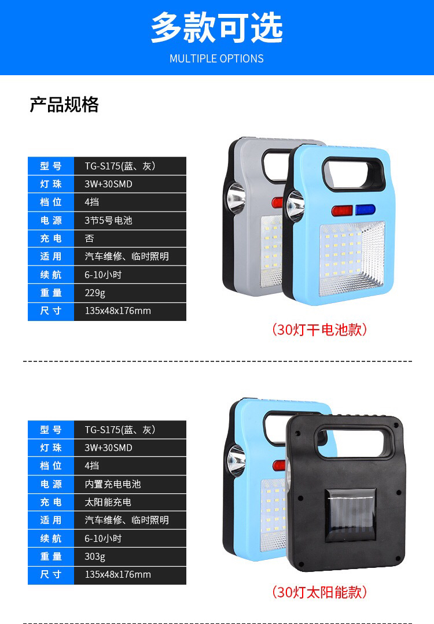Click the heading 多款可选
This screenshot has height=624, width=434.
[x=216, y=27]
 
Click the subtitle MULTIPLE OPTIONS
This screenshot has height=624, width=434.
[x=216, y=58]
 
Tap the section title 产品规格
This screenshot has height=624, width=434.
[x=64, y=105]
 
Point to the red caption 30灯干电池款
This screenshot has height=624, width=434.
[x=319, y=330]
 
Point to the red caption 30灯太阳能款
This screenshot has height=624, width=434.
[x=319, y=592]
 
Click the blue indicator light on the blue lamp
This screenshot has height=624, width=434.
[x=365, y=209]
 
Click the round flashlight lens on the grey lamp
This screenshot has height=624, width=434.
[x=236, y=198]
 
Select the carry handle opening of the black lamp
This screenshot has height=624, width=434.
[x=350, y=441]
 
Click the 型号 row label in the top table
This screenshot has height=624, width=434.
[x=50, y=166]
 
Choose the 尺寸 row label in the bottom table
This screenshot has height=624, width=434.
[x=50, y=575]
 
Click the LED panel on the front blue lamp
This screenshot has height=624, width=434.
[x=352, y=259]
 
